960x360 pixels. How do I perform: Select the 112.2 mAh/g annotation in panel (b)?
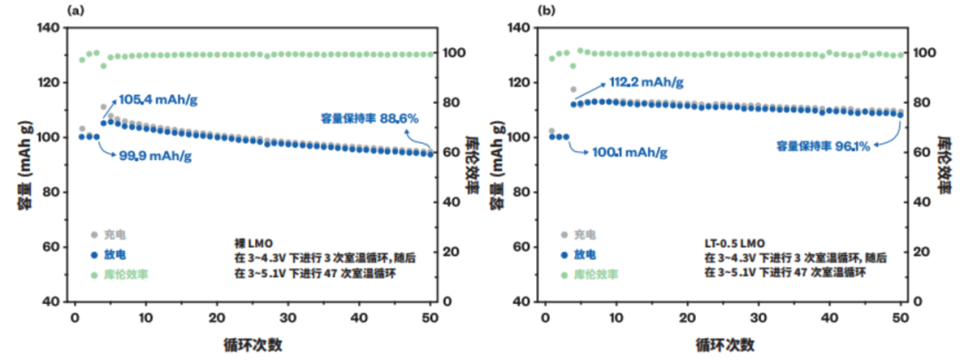point(646,82)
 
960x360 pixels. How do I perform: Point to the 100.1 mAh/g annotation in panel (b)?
point(630,154)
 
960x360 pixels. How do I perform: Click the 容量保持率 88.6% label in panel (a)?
point(369,117)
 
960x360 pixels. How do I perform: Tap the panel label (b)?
point(548,10)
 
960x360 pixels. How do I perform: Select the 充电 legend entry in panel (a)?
point(112,235)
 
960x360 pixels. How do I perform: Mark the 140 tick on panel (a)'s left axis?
point(49,28)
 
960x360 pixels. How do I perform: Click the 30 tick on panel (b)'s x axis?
point(757,317)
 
